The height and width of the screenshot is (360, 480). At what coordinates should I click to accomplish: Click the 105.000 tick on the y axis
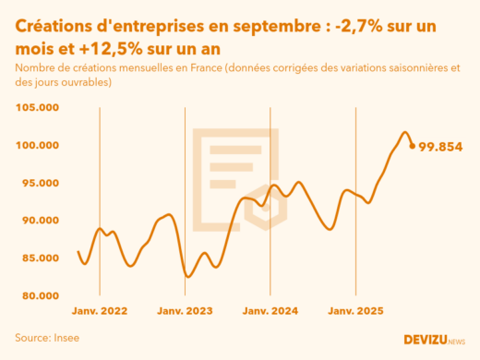pos(38,107)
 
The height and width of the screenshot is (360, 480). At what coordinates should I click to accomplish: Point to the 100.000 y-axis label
pos(38,145)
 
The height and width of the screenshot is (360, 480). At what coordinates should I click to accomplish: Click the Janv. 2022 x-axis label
pos(100,312)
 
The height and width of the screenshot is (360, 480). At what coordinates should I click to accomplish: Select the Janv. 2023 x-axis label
pos(186,312)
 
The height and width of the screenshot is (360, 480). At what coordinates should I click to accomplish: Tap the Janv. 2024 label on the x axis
pos(270,312)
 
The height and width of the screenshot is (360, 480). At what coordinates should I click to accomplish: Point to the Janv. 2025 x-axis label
pos(356,312)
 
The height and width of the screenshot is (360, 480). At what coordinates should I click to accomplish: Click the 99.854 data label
pos(440,147)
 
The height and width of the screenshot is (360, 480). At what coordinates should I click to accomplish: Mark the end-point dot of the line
pos(412,145)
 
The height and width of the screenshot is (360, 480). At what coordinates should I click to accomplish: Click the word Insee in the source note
pos(66,338)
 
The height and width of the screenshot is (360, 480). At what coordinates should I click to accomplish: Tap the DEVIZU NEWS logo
pos(435,340)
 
